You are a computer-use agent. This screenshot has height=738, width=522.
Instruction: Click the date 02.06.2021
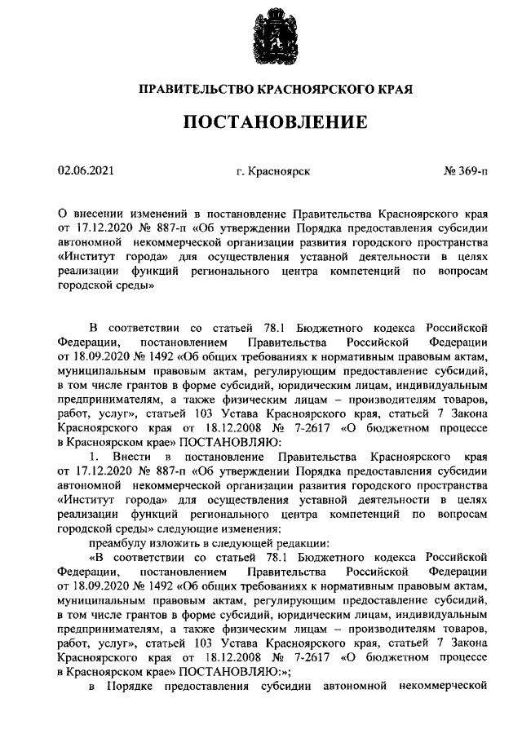[x=86, y=170]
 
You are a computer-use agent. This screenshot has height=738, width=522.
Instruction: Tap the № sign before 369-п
[x=450, y=170]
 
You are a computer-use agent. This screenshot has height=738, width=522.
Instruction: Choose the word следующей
[x=241, y=543]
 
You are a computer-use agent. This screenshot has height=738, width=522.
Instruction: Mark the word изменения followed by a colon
[x=246, y=528]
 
